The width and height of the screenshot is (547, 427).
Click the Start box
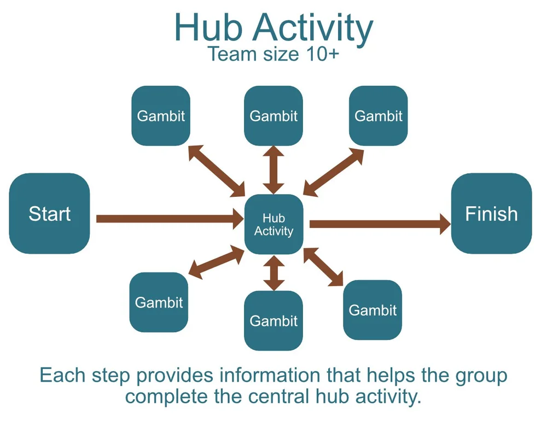coord(49,213)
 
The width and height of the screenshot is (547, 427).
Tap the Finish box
coord(491,213)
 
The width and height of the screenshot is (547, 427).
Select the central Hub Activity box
coord(273,224)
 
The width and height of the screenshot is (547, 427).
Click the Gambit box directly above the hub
coord(273,115)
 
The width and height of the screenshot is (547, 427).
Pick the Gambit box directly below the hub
coord(273,320)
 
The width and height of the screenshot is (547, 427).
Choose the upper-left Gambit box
coord(161,115)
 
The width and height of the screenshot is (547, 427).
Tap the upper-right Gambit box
coord(379,115)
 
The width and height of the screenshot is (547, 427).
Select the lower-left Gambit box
coord(159,302)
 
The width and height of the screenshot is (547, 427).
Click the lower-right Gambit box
coord(373,310)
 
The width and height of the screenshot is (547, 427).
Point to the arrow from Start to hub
coord(170,219)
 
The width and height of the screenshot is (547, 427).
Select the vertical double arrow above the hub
coord(273,170)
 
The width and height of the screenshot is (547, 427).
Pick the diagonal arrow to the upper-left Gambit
coord(217,171)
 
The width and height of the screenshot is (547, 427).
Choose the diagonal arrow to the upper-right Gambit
coord(333,172)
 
